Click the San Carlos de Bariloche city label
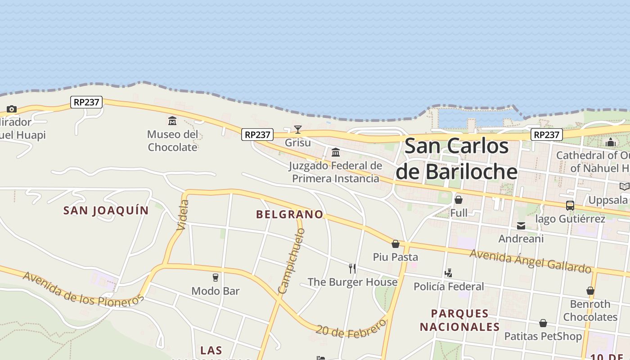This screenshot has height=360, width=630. (456, 159)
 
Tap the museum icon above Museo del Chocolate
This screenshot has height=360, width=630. (172, 121)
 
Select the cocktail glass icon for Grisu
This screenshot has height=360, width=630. (298, 130)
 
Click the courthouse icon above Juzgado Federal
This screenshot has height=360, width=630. (335, 152)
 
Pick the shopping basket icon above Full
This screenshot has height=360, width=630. (459, 199)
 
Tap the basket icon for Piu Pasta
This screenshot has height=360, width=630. (396, 243)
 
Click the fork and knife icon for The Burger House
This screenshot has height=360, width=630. (352, 269)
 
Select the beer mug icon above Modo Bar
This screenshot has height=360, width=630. (216, 277)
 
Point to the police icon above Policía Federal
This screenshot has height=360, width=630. (448, 273)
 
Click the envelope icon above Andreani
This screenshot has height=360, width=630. (521, 225)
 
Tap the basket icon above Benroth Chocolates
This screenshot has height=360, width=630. (590, 291)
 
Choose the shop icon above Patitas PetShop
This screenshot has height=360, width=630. (543, 323)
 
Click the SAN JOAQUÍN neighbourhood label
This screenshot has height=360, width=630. (106, 210)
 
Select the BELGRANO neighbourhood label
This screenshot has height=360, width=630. (290, 214)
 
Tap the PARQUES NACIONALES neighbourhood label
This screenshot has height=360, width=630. (460, 320)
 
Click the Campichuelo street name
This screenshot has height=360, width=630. (292, 261)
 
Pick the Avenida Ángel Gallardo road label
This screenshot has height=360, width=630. (530, 261)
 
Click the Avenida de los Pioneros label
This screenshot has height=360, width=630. (83, 288)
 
